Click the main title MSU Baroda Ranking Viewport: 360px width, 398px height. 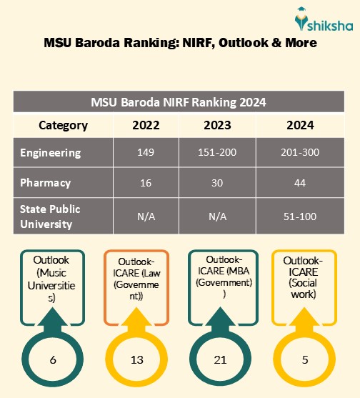tap(180, 43)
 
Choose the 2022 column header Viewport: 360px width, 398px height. tap(146, 125)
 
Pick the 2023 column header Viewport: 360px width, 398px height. tap(217, 125)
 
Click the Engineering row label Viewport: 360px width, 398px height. tap(51, 153)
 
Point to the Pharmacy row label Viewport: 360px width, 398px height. tap(46, 183)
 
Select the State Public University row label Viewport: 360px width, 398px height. tap(50, 217)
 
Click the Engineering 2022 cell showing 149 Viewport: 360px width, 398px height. tap(146, 153)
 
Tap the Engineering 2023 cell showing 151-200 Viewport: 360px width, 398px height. tap(217, 153)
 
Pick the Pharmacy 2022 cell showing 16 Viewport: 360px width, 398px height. tap(146, 183)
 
